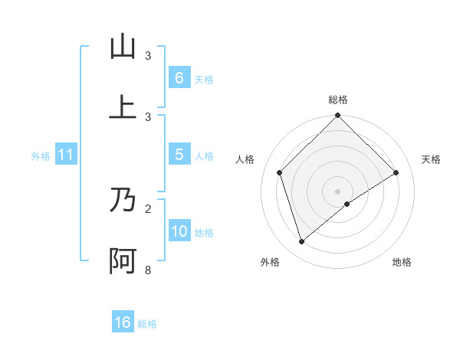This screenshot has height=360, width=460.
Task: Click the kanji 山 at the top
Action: tap(123, 47)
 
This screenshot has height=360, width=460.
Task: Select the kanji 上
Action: tap(123, 108)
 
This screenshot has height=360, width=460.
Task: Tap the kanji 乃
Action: tap(123, 201)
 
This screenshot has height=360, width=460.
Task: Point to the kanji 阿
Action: tap(123, 261)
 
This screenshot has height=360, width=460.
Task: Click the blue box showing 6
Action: tap(179, 77)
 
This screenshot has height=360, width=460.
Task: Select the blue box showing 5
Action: tap(179, 155)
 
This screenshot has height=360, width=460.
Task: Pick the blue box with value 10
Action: tap(179, 231)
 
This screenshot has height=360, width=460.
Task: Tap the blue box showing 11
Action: tap(66, 155)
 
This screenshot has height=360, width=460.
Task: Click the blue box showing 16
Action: tap(123, 322)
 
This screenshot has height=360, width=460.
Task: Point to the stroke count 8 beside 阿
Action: tap(148, 270)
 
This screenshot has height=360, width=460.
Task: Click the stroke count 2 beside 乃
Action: tap(148, 208)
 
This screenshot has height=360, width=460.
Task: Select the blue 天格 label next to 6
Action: tap(204, 79)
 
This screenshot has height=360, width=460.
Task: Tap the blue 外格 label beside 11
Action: tap(41, 156)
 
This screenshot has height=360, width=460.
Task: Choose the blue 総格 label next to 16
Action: tap(147, 324)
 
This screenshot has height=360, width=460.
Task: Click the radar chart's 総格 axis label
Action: tap(338, 100)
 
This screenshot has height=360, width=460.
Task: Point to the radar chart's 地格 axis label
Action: tap(402, 262)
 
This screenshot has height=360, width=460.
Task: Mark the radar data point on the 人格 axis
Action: tap(280, 172)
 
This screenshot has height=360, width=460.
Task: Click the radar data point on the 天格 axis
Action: tap(396, 172)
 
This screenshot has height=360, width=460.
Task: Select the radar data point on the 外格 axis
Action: tap(302, 242)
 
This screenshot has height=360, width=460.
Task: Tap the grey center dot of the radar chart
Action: tap(338, 191)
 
